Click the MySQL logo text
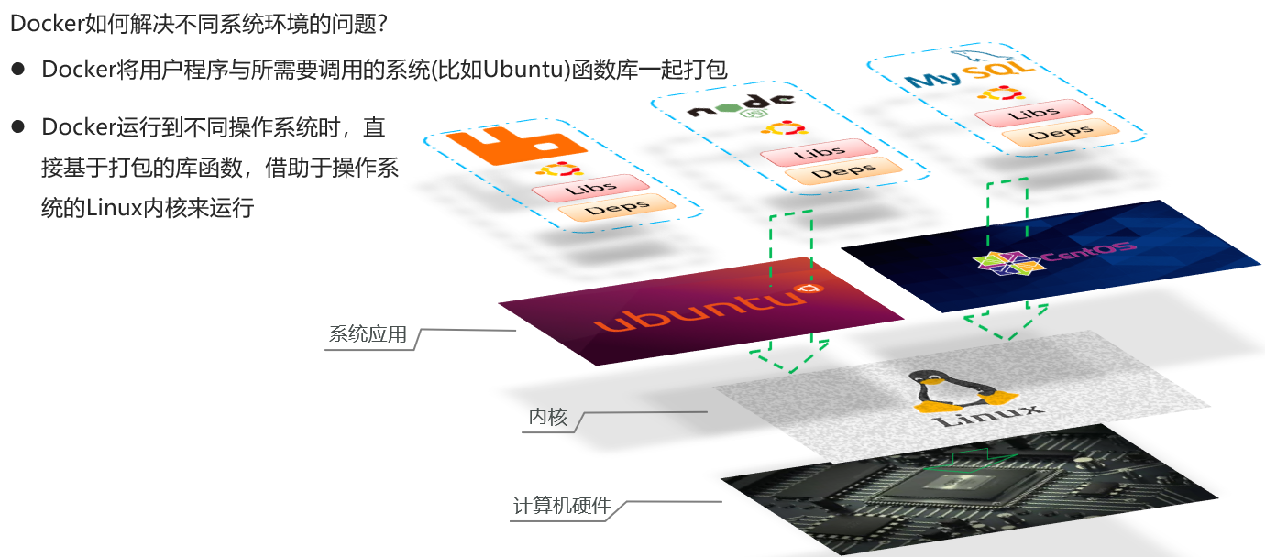tap(968, 74)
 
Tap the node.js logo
tap(740, 106)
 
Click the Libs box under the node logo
tap(819, 152)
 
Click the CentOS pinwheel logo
tap(995, 263)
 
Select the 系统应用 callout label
tap(367, 335)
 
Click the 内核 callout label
tap(548, 419)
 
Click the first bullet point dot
tap(17, 70)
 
